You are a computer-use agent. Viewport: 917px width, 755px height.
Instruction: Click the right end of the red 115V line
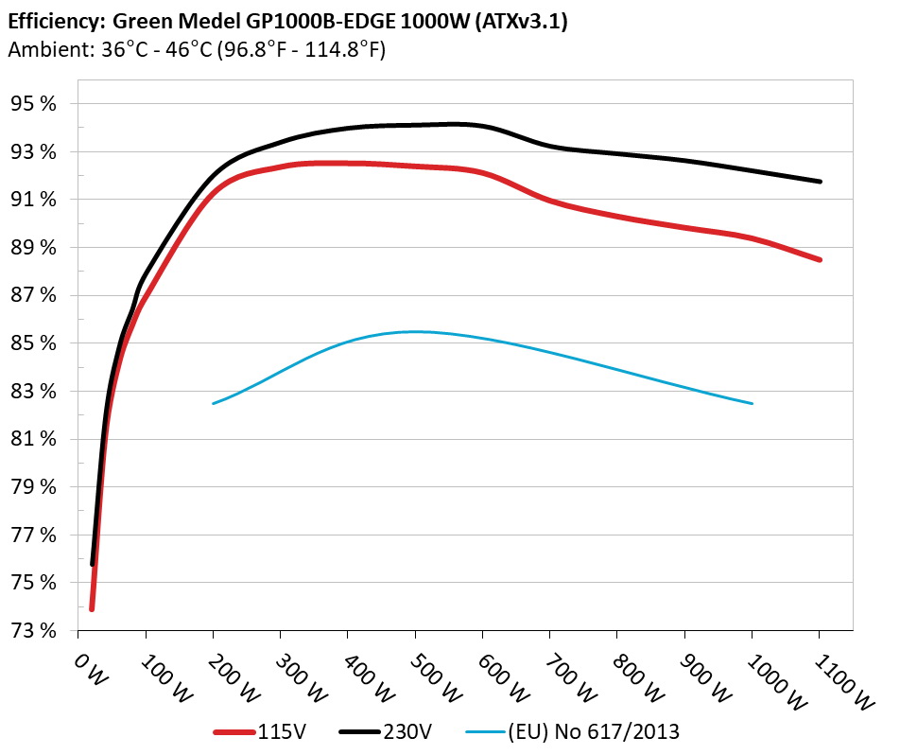click(820, 259)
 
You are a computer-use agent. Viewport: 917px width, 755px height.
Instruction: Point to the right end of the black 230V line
click(820, 182)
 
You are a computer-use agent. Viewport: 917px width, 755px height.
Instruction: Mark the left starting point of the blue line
click(214, 403)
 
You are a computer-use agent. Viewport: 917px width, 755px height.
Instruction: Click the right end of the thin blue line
click(753, 403)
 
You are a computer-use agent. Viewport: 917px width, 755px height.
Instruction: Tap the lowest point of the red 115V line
click(92, 608)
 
